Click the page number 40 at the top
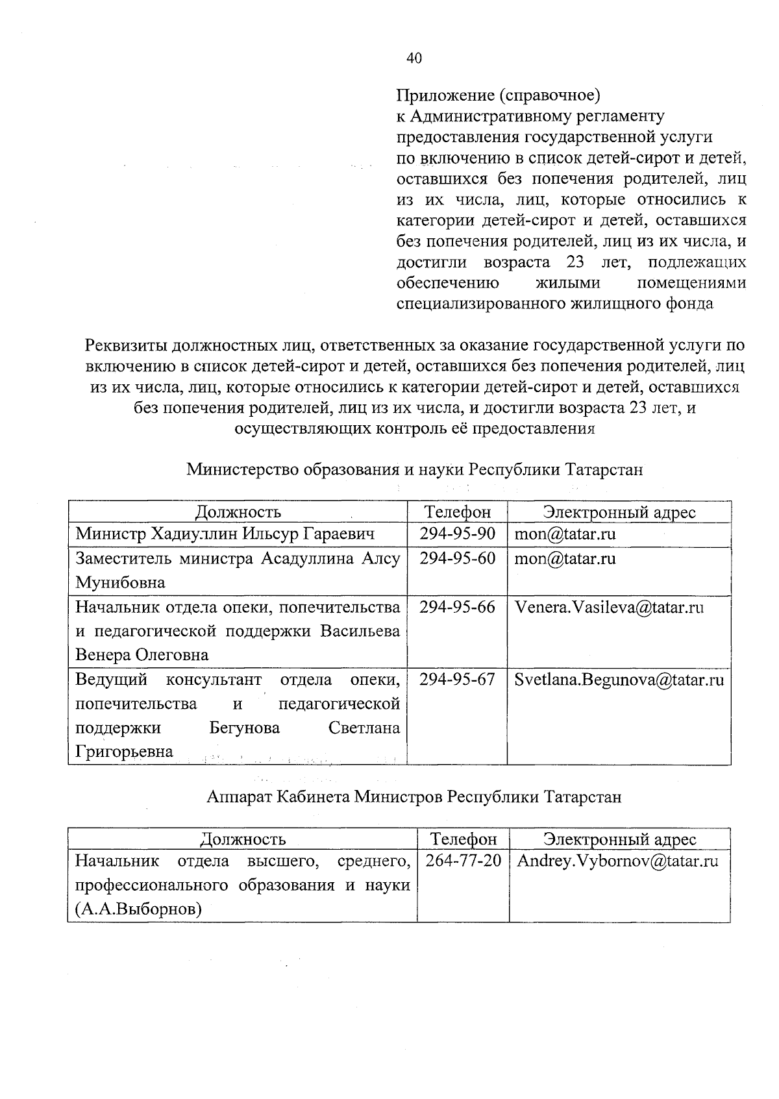click(414, 58)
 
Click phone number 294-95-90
click(457, 534)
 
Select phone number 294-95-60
click(457, 558)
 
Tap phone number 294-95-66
click(457, 607)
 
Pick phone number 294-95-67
click(457, 680)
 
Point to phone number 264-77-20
click(464, 861)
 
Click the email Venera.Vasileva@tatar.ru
click(609, 608)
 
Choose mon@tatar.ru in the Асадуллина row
click(565, 559)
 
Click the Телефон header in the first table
click(457, 512)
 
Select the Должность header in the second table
click(243, 839)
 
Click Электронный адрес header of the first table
click(619, 512)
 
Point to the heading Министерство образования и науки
click(415, 469)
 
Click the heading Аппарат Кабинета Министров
click(414, 796)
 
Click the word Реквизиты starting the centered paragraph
click(125, 344)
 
